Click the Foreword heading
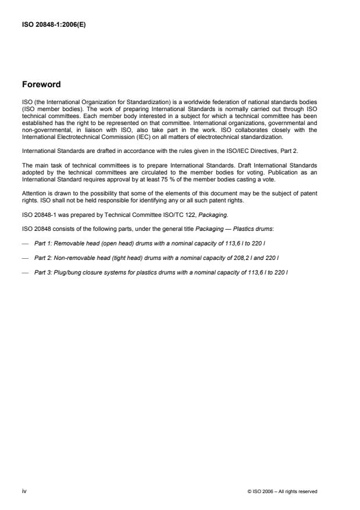point(41,85)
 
